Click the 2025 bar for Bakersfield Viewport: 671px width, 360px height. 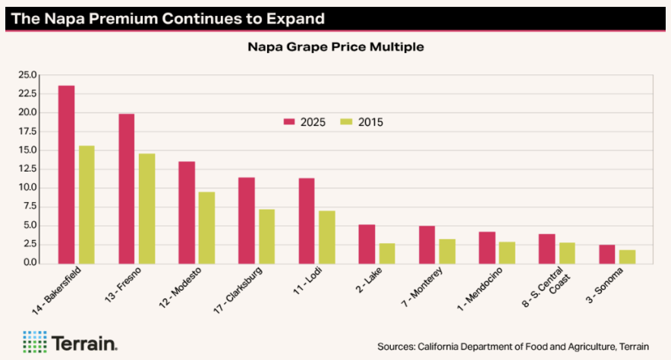click(x=67, y=174)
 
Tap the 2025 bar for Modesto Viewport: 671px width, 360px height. click(x=187, y=212)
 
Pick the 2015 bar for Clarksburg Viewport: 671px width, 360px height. click(x=266, y=235)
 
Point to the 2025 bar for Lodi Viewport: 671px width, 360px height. click(x=307, y=220)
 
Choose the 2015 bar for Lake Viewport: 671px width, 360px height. click(x=387, y=253)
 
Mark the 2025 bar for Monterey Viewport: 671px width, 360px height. click(x=427, y=244)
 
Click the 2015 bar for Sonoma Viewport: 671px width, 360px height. click(x=627, y=256)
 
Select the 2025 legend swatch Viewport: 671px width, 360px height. click(x=288, y=122)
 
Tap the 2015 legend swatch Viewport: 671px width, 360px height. click(x=347, y=122)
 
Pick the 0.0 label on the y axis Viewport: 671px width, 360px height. click(x=30, y=263)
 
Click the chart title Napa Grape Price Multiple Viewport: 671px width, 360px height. click(x=335, y=47)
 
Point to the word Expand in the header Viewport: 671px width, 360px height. click(x=290, y=17)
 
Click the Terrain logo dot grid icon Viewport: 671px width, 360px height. click(x=34, y=342)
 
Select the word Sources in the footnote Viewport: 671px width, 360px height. click(x=398, y=346)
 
